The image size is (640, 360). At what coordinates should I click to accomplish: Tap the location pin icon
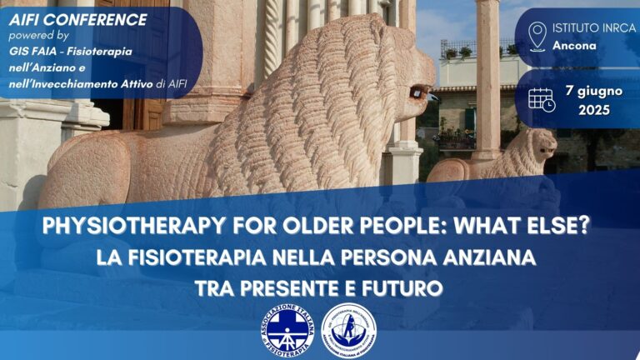[537, 36]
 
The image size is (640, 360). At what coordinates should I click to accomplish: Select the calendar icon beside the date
[542, 98]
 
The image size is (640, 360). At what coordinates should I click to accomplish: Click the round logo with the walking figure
[348, 330]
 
